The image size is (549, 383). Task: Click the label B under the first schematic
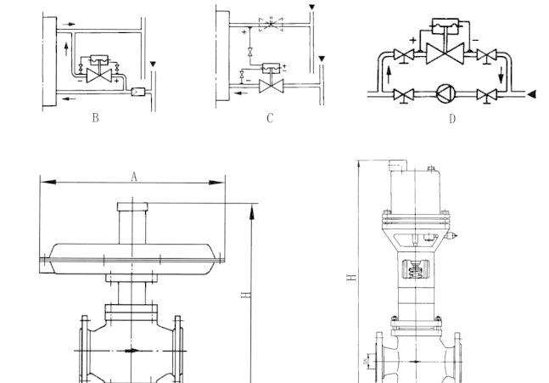tap(95, 118)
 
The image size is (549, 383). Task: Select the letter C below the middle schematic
tap(270, 118)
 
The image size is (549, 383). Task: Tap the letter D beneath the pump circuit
tap(451, 119)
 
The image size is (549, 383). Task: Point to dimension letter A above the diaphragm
tap(133, 176)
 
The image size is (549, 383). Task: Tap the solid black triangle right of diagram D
tap(530, 93)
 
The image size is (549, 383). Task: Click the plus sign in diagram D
tap(413, 39)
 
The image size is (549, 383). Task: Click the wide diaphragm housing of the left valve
tap(133, 254)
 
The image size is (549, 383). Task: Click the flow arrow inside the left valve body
tap(130, 350)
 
